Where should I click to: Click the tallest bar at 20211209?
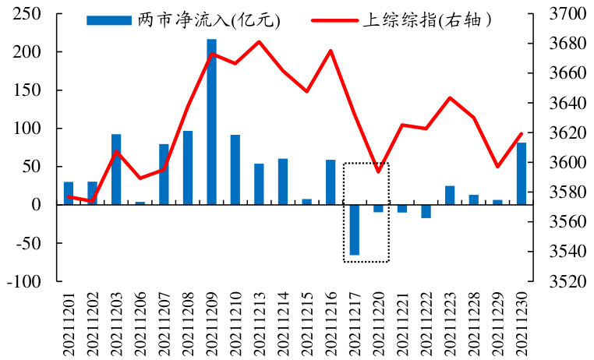pos(211,122)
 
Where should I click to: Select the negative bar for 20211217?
pos(354,229)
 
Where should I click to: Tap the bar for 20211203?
pos(116,169)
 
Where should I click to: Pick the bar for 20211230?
pos(521,173)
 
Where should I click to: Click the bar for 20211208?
pos(188,168)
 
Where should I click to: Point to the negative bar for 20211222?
pos(426,211)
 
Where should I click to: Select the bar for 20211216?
pos(331,182)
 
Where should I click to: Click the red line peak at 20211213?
pos(259,41)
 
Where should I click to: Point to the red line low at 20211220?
pos(378,171)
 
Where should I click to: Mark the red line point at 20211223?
pos(450,97)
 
